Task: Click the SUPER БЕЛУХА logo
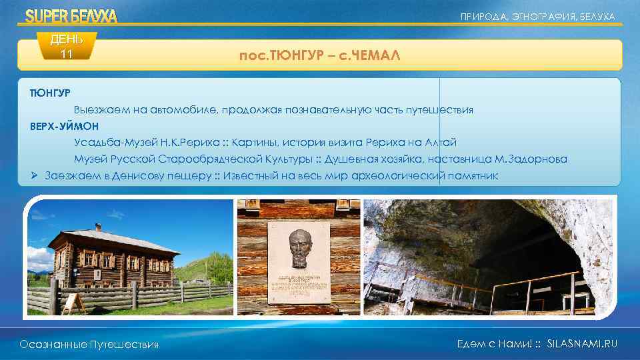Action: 71,16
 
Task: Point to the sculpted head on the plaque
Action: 299,246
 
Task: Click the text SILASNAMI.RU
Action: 581,343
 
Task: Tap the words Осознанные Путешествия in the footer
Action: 89,344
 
